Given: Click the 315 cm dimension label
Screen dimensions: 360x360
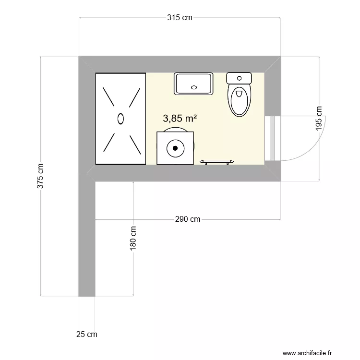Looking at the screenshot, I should (x=180, y=18).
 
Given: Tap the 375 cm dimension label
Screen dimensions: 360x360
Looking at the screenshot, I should (x=40, y=176).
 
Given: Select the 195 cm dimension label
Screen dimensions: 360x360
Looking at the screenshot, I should (x=320, y=119).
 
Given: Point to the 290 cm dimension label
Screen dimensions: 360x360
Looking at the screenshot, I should (x=187, y=219).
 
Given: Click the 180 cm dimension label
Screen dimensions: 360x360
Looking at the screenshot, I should (x=133, y=238).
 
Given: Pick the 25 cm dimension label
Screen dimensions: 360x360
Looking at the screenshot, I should (x=86, y=334).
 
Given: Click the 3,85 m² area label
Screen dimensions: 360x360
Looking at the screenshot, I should (x=180, y=118).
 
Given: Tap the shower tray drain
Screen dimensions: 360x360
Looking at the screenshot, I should (x=120, y=118).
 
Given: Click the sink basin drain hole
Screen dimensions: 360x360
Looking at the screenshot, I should (x=194, y=87).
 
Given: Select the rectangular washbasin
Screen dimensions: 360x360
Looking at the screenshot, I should (x=193, y=84).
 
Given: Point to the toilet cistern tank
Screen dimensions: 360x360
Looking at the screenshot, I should (x=239, y=78).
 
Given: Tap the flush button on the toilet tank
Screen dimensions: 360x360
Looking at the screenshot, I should (x=239, y=77).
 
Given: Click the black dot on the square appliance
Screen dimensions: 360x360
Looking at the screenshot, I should (x=175, y=148).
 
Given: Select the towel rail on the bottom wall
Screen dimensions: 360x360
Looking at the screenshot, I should (x=216, y=162).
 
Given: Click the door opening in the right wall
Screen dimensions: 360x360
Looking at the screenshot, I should (x=272, y=138).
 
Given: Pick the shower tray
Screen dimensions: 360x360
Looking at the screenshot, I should (x=120, y=119).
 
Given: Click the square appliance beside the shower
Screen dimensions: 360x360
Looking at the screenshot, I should (x=175, y=148).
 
